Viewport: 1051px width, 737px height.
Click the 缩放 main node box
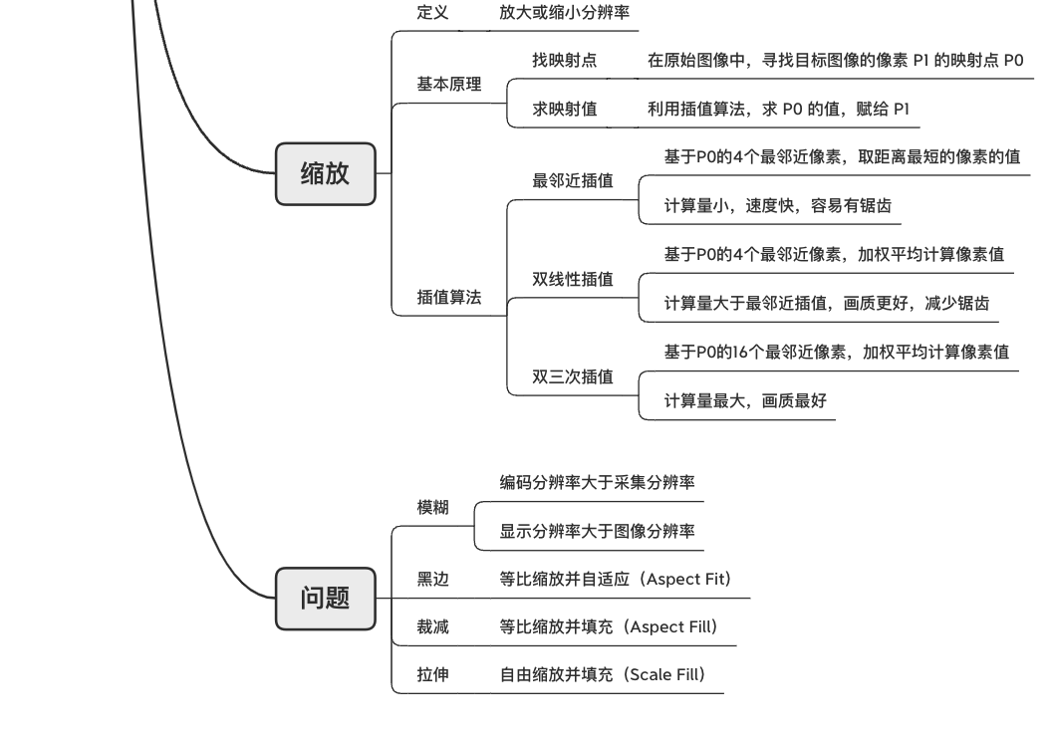click(x=325, y=173)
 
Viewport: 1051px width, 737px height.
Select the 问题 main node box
click(x=325, y=599)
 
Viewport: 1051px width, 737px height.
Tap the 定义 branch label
click(x=432, y=13)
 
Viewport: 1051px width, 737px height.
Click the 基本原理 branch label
click(x=448, y=85)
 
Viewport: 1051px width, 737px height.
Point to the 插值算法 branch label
click(x=448, y=297)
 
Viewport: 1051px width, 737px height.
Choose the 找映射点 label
click(x=564, y=61)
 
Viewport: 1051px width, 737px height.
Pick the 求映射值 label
click(x=564, y=110)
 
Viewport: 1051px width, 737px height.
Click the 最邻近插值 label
click(x=573, y=181)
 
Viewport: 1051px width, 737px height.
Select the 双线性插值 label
click(x=573, y=279)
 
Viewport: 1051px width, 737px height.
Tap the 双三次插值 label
click(x=573, y=376)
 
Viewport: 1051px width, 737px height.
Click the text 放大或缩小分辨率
click(x=564, y=13)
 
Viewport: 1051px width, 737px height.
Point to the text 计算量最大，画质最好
click(x=745, y=401)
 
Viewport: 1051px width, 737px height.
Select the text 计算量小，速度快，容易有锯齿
click(x=777, y=206)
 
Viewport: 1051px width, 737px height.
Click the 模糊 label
click(x=432, y=507)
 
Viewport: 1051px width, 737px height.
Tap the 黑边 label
click(x=432, y=579)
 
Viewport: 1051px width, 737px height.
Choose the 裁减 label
click(x=432, y=627)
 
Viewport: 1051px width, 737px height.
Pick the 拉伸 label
click(x=432, y=675)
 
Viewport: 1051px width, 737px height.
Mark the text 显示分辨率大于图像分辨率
click(x=597, y=532)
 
